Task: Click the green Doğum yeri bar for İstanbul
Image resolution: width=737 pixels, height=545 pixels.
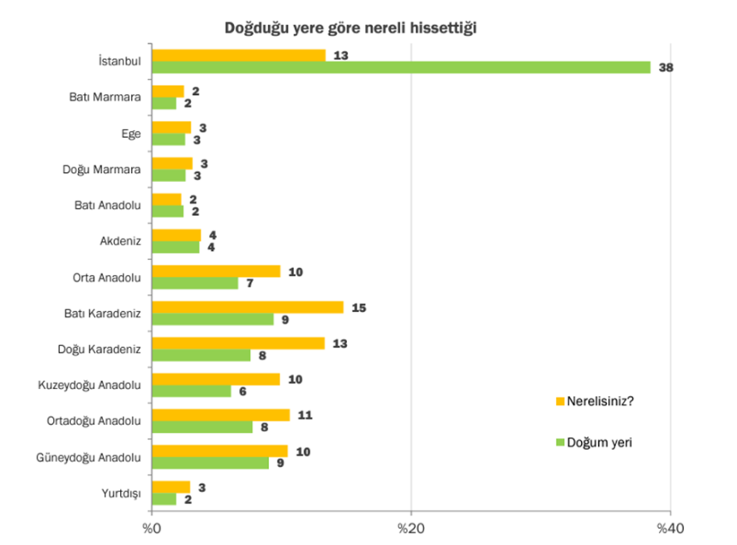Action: [x=400, y=67]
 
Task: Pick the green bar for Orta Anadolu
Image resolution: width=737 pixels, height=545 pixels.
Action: [x=195, y=283]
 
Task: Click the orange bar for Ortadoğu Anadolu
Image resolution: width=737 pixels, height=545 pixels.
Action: [x=220, y=415]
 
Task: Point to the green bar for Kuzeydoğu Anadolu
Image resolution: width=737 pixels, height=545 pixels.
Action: [x=191, y=391]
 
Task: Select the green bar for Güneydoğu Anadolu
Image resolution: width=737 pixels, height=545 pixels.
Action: [x=210, y=463]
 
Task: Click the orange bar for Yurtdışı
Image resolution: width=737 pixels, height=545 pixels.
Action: [x=171, y=487]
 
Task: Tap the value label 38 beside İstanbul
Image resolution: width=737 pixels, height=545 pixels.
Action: [x=665, y=68]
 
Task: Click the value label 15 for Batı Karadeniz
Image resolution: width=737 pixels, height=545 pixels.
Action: [x=358, y=307]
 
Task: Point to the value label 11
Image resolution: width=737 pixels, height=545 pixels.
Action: [x=304, y=415]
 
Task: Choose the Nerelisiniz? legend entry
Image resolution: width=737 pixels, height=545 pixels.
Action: [x=598, y=399]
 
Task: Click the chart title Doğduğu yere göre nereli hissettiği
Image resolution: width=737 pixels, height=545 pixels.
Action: [x=351, y=27]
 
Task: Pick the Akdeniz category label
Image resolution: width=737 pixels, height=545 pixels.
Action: [x=121, y=241]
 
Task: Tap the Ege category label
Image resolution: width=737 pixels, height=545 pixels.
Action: [x=130, y=133]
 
